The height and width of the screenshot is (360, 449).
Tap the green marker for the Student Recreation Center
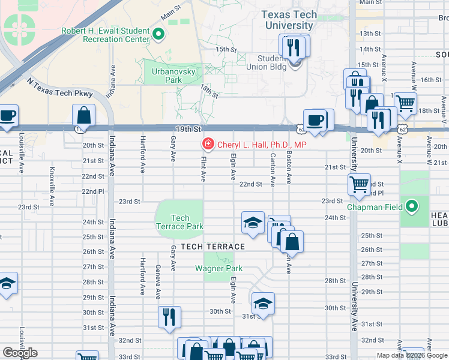[x=158, y=34]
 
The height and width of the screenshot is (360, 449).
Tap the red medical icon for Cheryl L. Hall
[x=208, y=145]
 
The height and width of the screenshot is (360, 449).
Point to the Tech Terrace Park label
[x=180, y=222]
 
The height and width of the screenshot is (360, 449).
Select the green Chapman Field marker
[x=411, y=208]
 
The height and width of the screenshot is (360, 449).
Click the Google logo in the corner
[x=20, y=353]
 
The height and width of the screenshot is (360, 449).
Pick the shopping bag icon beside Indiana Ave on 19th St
[x=84, y=115]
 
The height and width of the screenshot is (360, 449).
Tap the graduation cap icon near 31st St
[x=262, y=302]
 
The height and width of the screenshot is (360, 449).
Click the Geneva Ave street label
[x=158, y=282]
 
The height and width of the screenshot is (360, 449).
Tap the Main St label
[x=170, y=10]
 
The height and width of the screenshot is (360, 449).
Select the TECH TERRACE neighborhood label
[x=212, y=247]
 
